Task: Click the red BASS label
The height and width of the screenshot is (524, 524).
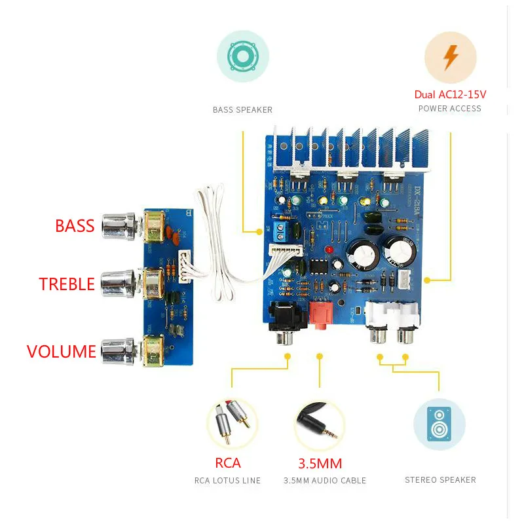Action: [x=75, y=226]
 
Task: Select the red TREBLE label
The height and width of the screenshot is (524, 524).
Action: [x=67, y=284]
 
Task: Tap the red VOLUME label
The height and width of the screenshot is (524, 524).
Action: [x=62, y=351]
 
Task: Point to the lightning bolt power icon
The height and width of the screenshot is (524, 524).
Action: [x=450, y=57]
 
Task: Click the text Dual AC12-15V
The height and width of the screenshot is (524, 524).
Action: [x=450, y=94]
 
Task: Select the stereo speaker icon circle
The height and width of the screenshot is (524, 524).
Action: [x=439, y=424]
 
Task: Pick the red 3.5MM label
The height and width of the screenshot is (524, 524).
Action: [x=320, y=464]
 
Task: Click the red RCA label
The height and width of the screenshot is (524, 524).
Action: [x=228, y=463]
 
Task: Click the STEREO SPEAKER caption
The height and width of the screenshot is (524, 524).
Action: [x=440, y=480]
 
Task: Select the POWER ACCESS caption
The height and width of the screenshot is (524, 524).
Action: [x=450, y=109]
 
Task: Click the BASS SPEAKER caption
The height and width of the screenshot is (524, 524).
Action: [x=242, y=110]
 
